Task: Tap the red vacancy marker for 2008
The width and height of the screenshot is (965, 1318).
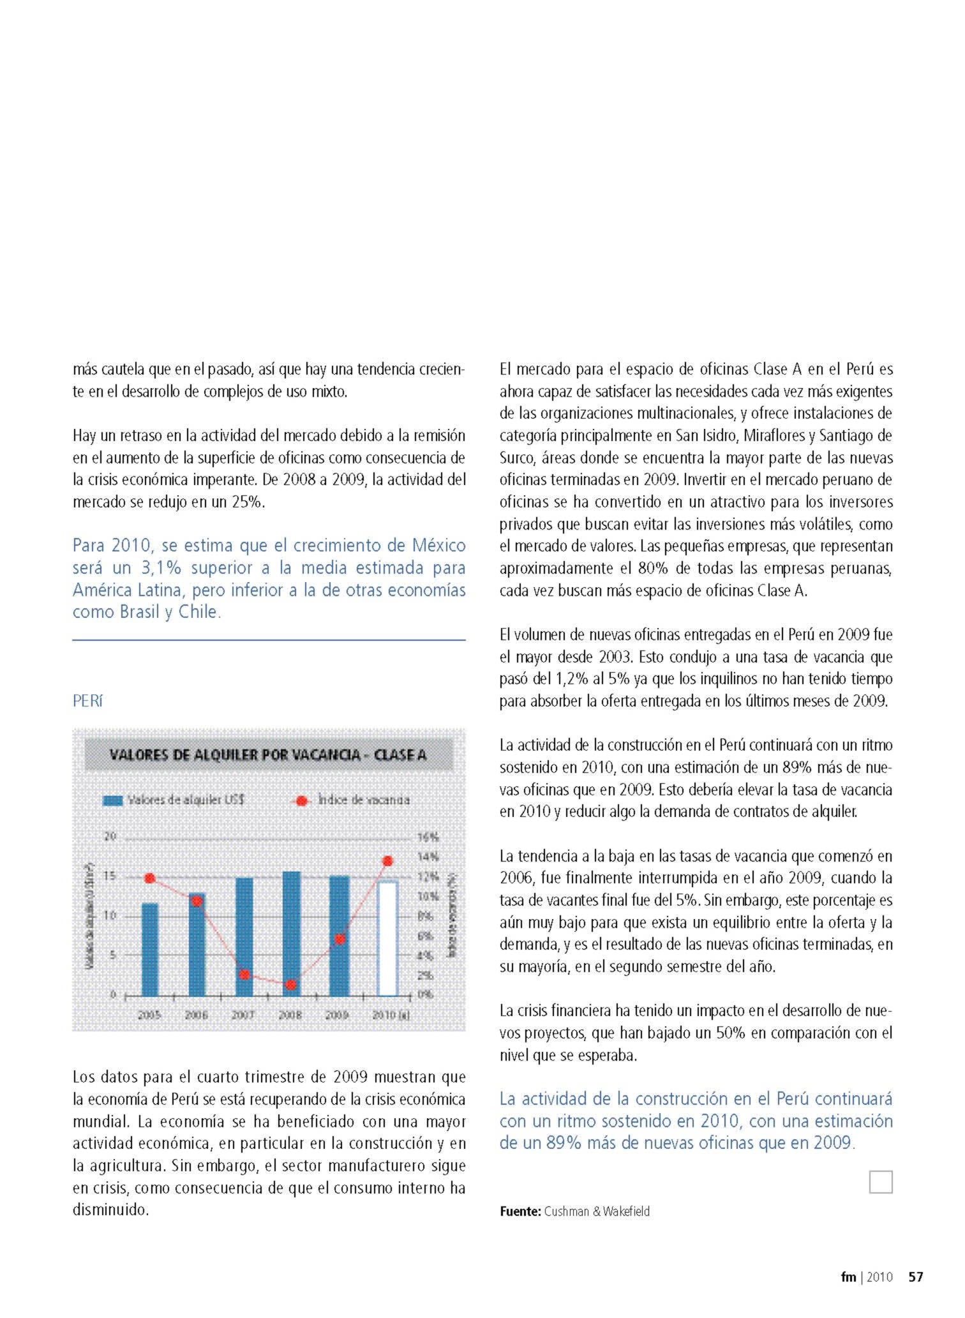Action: click(x=291, y=985)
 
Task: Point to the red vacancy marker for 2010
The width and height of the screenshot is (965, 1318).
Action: click(x=387, y=861)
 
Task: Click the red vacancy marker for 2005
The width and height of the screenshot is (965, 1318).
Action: click(x=150, y=878)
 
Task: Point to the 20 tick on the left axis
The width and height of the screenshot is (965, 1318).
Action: click(x=110, y=836)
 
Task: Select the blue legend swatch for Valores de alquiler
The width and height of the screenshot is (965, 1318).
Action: click(x=113, y=800)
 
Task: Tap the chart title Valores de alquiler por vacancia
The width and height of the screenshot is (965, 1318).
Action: click(x=268, y=755)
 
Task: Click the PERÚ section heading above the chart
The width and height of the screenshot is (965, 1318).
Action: click(x=87, y=701)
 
